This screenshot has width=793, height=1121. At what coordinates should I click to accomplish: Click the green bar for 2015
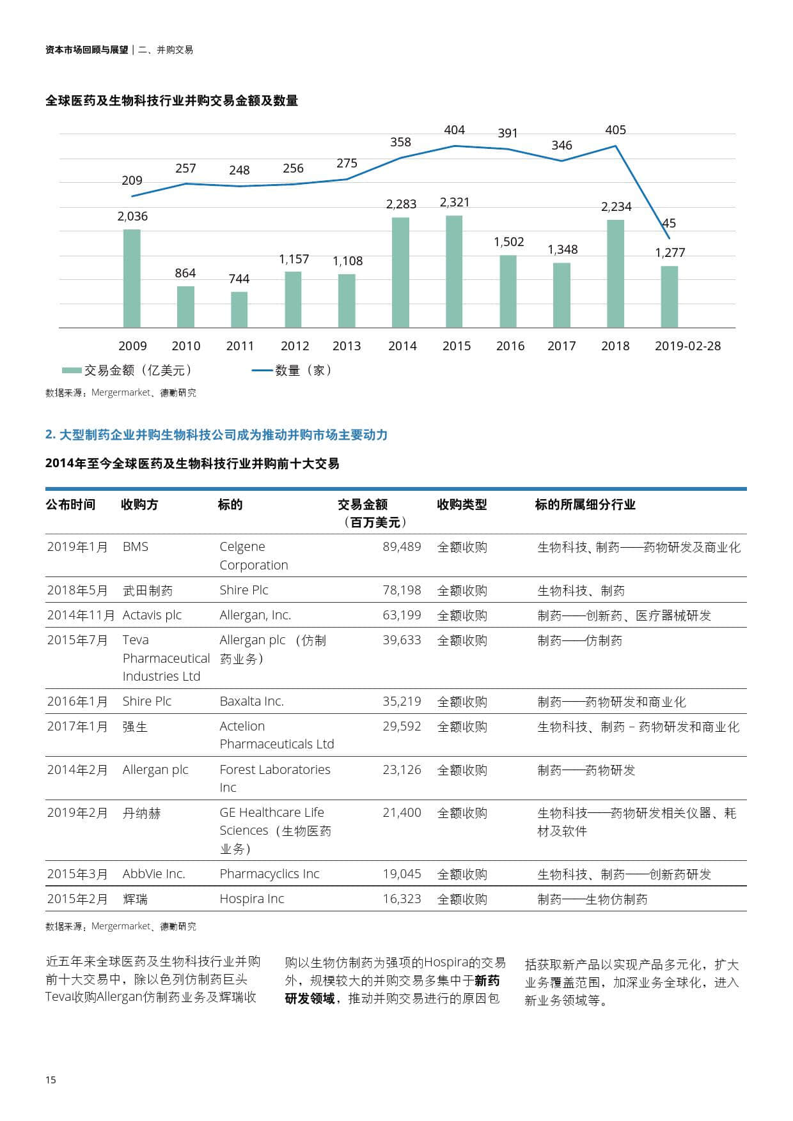coord(454,272)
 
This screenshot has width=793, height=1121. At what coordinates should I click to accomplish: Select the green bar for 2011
coord(239,309)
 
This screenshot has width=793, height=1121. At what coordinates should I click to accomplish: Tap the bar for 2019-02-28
coord(669,297)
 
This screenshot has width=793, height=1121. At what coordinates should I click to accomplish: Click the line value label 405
coord(615,130)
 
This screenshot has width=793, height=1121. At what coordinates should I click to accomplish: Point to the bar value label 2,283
coord(401,205)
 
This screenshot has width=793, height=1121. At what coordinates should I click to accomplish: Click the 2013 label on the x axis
coord(347,346)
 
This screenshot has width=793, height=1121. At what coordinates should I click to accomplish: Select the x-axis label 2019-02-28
coord(687,346)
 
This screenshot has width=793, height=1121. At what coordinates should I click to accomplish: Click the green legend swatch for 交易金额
coord(72,371)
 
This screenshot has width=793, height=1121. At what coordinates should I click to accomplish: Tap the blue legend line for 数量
coord(262,371)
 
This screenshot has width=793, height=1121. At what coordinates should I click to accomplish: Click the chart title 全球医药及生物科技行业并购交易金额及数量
coord(171,101)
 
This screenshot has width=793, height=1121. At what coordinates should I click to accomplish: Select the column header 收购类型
coord(462,505)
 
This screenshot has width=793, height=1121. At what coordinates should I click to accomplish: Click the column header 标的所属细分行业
coord(585,505)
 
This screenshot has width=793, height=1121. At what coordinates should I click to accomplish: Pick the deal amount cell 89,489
coord(402,547)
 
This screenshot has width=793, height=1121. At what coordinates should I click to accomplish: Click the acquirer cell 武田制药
coord(148,591)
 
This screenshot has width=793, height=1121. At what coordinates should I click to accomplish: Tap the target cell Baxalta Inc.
coord(251,702)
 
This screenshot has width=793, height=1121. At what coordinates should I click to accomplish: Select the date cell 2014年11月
coord(81,615)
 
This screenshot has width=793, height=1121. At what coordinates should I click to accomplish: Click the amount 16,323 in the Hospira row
coord(402,899)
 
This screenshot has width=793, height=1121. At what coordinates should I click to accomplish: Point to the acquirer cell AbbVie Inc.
coord(153,874)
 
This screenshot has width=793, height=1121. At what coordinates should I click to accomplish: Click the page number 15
coord(51,1080)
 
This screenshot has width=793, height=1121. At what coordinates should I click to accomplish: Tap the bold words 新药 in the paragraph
coord(487,981)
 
